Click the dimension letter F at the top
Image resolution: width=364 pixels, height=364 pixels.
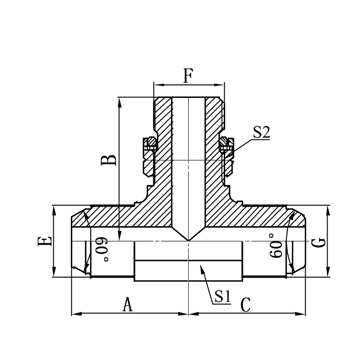(188, 77)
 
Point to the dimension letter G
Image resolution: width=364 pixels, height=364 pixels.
(318, 241)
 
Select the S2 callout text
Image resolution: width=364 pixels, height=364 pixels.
(261, 132)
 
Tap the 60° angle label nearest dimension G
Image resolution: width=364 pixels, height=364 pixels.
(277, 246)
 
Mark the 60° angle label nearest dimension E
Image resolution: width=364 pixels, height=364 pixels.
(100, 248)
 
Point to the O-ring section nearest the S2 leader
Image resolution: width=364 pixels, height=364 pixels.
(224, 143)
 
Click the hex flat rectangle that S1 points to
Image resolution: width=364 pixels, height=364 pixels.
(188, 271)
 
